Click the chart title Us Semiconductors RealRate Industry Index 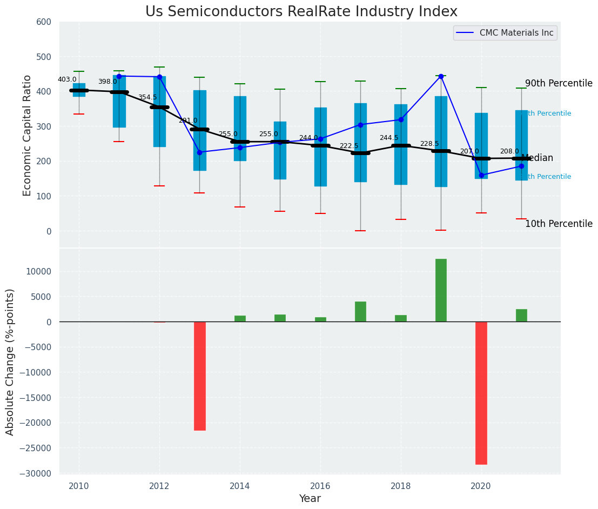(301, 12)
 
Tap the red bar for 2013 (200, 376)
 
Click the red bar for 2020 (481, 393)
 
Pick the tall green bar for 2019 (441, 290)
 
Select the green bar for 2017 (360, 312)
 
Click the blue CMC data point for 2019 (441, 76)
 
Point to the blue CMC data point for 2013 (200, 152)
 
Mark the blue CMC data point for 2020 (481, 175)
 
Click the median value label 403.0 (67, 79)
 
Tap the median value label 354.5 (147, 98)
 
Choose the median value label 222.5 (348, 146)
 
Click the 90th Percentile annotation (559, 84)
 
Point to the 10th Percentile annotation (559, 224)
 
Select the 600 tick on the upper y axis (44, 22)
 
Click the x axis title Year (310, 499)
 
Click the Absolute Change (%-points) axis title (10, 361)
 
